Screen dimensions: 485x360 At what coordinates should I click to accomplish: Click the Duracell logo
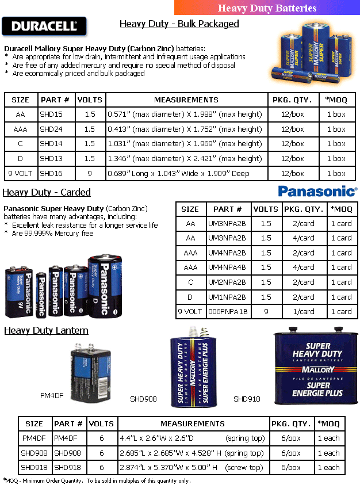[44, 26]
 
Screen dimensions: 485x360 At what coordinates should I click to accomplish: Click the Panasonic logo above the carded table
[317, 191]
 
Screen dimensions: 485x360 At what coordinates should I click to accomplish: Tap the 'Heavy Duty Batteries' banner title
[267, 7]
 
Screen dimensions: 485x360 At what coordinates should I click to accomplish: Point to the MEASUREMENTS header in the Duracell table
[186, 100]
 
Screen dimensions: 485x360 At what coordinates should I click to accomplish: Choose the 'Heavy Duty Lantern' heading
[47, 330]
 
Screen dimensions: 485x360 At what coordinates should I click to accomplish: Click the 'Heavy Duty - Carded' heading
[47, 192]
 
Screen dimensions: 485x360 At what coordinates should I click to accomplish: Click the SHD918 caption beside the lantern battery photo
[247, 399]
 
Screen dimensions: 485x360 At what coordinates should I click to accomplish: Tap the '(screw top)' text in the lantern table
[245, 468]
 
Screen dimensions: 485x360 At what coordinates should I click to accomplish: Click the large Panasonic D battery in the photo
[105, 287]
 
